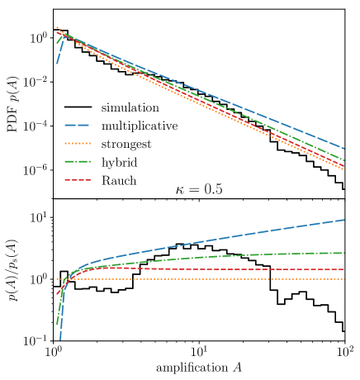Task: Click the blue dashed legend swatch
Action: [78, 126]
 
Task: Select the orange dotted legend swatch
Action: [78, 143]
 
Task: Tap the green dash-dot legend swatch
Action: [78, 161]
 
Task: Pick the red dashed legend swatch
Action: [78, 179]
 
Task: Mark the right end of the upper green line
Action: [344, 159]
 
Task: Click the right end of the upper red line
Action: [344, 166]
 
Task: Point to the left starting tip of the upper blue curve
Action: [57, 63]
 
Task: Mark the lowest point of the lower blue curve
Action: [60, 339]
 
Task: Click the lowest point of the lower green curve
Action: [57, 324]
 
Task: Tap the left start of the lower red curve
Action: [57, 294]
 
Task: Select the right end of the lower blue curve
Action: [344, 220]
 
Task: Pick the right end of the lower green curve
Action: [344, 253]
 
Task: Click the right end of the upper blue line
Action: [344, 149]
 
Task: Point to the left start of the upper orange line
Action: [57, 27]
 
